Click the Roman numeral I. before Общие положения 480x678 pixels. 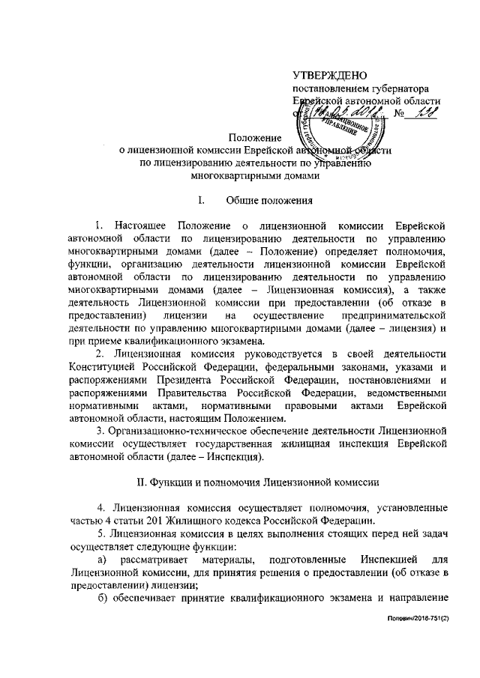point(200,200)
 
